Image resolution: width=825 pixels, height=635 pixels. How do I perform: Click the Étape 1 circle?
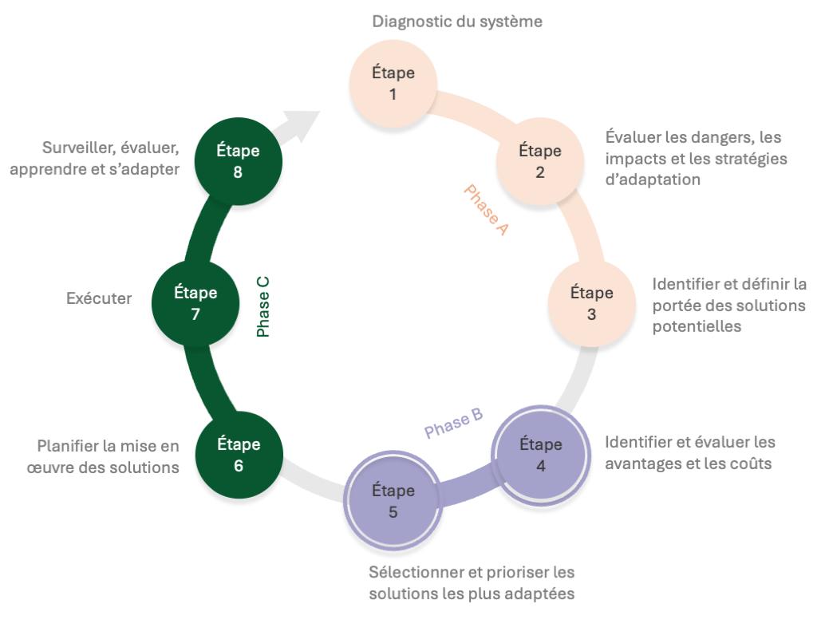tap(393, 83)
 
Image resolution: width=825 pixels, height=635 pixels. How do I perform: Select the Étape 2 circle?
tap(540, 160)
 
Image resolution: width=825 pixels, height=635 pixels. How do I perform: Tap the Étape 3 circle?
tap(591, 302)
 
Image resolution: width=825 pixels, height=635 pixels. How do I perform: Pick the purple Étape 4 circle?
tap(540, 454)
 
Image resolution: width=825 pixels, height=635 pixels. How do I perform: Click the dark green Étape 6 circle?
tap(239, 455)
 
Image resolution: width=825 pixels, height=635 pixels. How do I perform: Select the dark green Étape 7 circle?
tap(195, 303)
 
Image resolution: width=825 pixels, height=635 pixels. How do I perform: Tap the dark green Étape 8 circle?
tap(238, 160)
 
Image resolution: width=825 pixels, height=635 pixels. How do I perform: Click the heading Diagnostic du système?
tap(457, 22)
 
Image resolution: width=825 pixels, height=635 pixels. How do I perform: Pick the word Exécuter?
tap(99, 300)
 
